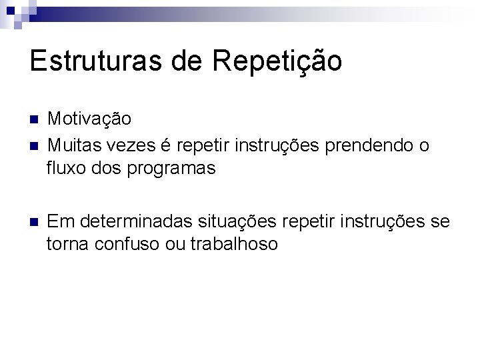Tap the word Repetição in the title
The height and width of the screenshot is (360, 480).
(x=277, y=61)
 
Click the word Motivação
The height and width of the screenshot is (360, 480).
(x=89, y=120)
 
